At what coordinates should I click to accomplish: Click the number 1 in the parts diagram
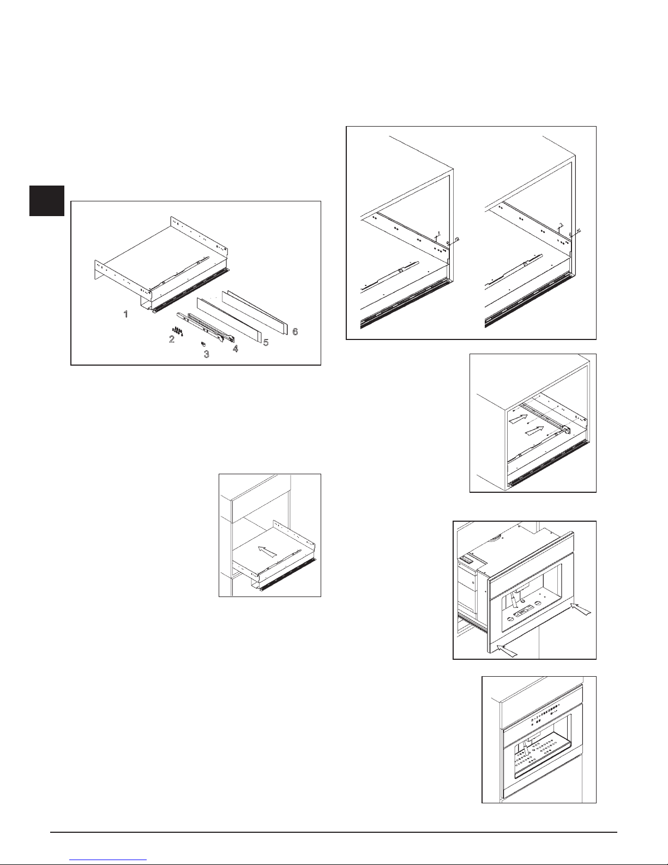126,315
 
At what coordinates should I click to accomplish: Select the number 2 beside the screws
172,339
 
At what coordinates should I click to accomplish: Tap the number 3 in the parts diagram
206,354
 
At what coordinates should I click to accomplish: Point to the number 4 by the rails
235,348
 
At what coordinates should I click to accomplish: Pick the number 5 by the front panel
266,342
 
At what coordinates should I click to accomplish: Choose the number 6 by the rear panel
295,331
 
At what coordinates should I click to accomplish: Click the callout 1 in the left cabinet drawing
438,233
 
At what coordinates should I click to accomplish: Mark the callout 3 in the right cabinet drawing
561,225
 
